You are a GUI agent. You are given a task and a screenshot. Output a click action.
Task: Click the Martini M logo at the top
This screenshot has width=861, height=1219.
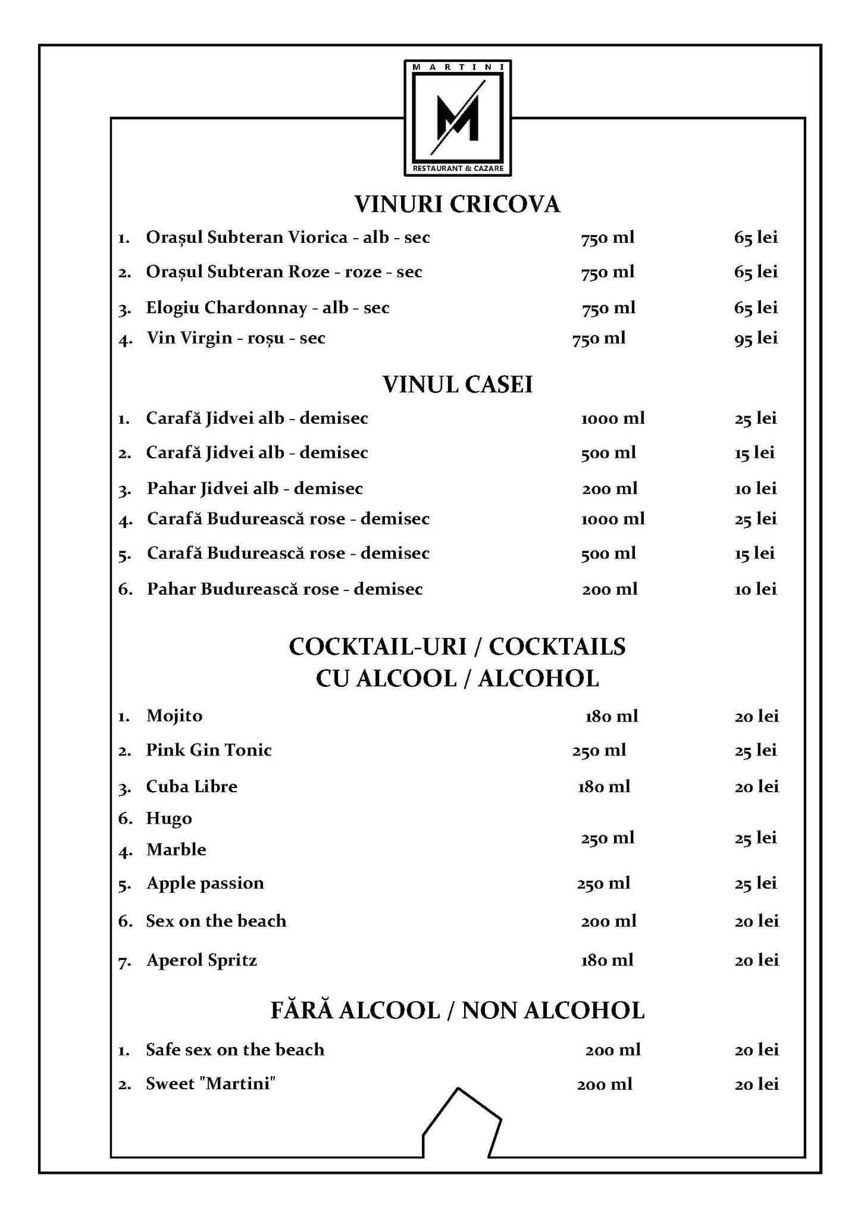click(x=458, y=118)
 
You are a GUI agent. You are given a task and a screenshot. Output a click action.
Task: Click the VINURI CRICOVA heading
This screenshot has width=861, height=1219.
click(x=457, y=204)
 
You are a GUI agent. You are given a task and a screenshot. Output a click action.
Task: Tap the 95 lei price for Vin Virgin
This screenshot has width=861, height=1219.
click(x=756, y=339)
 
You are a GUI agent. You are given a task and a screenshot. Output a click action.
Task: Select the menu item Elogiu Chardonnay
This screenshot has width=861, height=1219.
click(x=268, y=308)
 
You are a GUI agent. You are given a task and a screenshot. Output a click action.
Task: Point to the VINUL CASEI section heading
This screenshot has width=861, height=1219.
click(x=457, y=385)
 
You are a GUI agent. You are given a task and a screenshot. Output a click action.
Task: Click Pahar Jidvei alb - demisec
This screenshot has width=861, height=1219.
click(x=255, y=489)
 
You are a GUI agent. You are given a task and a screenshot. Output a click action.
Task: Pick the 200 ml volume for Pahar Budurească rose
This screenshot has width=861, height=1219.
click(x=609, y=589)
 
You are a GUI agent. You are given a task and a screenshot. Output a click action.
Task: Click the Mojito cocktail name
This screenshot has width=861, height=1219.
click(x=174, y=715)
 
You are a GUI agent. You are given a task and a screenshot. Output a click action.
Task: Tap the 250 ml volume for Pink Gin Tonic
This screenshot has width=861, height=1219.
click(x=599, y=751)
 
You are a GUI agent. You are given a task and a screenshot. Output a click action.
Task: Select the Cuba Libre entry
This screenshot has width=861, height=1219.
click(x=192, y=787)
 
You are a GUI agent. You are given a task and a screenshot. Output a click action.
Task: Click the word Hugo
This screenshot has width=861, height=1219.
click(x=169, y=819)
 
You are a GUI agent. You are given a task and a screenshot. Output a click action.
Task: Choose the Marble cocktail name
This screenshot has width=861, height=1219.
click(x=176, y=850)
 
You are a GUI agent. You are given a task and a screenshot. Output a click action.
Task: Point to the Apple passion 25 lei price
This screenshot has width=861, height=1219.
click(x=756, y=883)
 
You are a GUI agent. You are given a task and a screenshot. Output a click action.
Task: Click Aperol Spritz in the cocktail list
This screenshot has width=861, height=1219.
click(x=202, y=960)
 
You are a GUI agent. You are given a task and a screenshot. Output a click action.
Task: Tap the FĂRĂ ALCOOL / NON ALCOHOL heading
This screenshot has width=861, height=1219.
click(x=457, y=1011)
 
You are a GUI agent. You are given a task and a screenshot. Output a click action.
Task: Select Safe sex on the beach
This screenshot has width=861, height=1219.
click(x=235, y=1049)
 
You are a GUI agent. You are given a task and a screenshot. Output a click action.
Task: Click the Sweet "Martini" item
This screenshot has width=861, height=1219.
click(x=211, y=1084)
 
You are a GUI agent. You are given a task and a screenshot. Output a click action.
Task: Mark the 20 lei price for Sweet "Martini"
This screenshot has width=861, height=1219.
click(x=756, y=1084)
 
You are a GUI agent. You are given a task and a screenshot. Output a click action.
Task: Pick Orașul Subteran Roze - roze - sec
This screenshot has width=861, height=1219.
click(x=284, y=272)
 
